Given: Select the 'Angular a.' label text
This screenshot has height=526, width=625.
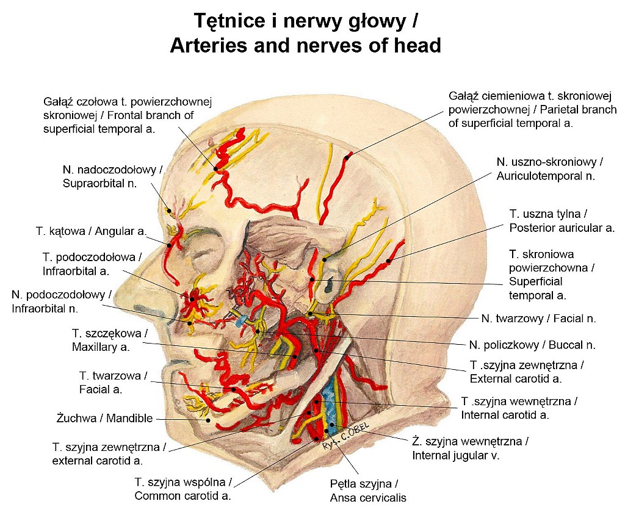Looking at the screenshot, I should pos(92,231).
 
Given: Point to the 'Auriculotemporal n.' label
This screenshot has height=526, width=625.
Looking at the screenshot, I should pos(549,169).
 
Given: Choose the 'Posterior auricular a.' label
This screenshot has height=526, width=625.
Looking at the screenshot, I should pos(562,222).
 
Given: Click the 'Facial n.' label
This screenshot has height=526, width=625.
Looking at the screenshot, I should pos(538,318).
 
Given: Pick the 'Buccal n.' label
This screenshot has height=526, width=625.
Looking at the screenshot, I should pos(532,345).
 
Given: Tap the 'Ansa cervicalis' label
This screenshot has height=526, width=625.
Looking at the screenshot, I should pos(368,491).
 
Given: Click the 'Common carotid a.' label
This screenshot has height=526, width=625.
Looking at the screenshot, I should pos(182,489).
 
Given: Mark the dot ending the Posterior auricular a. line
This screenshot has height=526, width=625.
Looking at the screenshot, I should pos(388,262).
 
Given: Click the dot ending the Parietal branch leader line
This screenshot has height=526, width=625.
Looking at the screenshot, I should pos(347,157).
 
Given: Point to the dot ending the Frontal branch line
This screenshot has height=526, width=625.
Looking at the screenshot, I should pos(216,168).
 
